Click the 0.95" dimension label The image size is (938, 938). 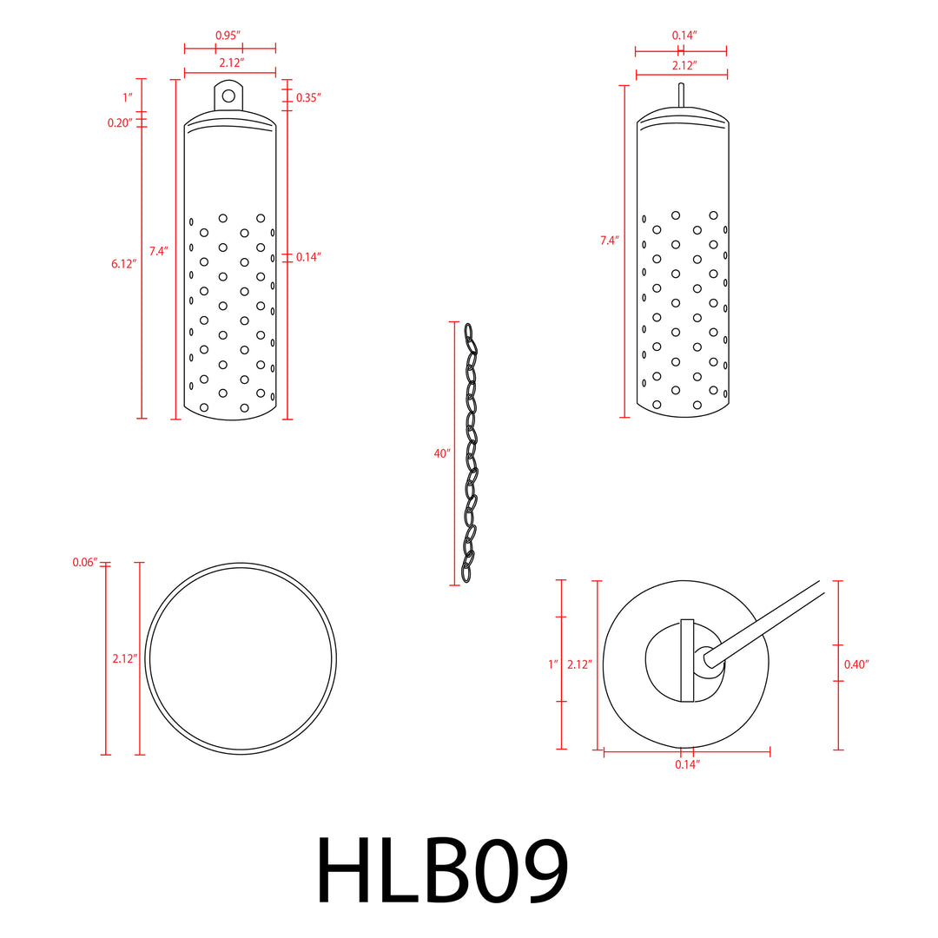[228, 35]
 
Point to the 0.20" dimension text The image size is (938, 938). [120, 123]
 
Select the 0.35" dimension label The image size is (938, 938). [308, 98]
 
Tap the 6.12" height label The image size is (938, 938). [124, 264]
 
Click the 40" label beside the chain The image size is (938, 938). [442, 453]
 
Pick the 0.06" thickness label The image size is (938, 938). [85, 563]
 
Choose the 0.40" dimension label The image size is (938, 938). [856, 664]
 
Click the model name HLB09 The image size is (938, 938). [443, 870]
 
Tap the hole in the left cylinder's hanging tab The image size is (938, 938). [229, 96]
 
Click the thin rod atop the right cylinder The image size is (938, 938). [682, 96]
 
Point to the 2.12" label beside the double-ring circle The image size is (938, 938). [125, 659]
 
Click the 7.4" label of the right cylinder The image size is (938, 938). [610, 241]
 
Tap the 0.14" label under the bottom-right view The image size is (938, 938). [687, 764]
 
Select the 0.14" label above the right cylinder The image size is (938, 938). [684, 35]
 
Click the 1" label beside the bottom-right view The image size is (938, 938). [552, 664]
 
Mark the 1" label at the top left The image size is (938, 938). [127, 97]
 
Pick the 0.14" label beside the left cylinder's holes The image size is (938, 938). [308, 257]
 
